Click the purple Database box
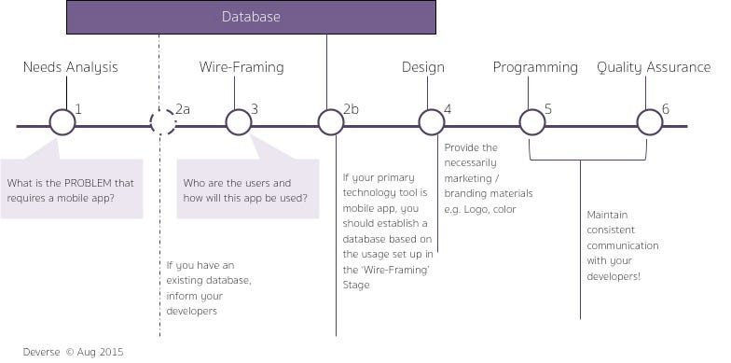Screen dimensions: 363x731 point(251,17)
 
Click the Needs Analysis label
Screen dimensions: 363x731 point(70,67)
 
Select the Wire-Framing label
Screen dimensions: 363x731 point(241,67)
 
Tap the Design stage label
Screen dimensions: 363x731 point(422,67)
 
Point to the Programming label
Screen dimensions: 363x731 point(535,67)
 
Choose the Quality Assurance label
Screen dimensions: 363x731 point(653,67)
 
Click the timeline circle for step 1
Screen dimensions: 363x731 point(62,122)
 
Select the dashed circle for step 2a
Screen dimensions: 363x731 point(163,122)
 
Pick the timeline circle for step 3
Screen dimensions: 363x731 point(239,122)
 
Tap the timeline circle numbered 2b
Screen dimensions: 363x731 point(331,122)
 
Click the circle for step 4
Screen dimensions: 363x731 point(432,122)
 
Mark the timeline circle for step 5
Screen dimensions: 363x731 point(531,122)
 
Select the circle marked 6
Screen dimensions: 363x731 point(650,122)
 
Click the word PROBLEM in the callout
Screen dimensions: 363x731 point(86,182)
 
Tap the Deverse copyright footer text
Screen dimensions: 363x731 point(75,352)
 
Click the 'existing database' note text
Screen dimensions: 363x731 point(209,280)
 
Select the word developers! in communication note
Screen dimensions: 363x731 point(614,276)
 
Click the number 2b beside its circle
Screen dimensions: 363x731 point(352,109)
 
